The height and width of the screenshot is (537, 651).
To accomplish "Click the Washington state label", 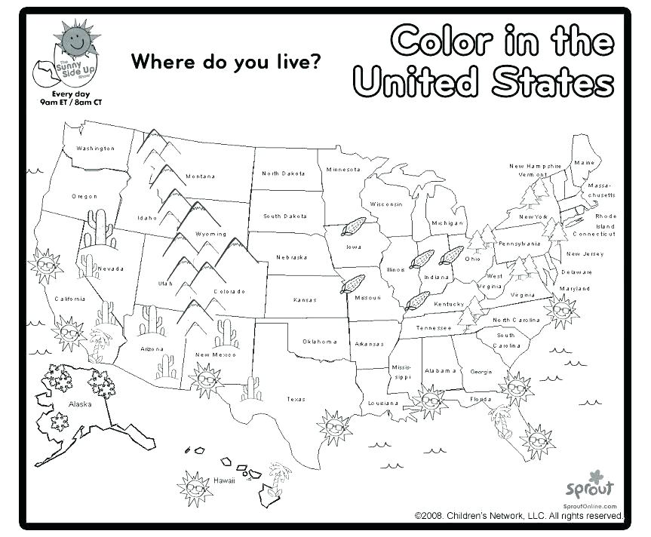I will [x=96, y=149].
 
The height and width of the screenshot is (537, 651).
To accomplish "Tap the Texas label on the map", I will [x=296, y=399].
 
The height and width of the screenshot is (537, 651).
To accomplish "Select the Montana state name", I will [x=201, y=176].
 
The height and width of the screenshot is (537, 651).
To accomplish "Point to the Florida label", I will [x=481, y=399].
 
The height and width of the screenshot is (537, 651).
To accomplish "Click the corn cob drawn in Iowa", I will [x=352, y=227].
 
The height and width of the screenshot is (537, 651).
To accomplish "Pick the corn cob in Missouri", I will [x=352, y=284].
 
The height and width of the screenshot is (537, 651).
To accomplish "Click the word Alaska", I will [x=80, y=404].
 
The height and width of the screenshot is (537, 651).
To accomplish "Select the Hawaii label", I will [x=224, y=480].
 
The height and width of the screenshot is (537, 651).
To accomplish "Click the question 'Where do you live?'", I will [x=223, y=62].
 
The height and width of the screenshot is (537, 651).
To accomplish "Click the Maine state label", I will [x=584, y=163].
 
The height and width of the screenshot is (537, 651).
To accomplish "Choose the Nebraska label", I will [x=291, y=257].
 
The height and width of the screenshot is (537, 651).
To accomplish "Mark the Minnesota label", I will [x=344, y=169].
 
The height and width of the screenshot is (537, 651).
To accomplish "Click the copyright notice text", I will [x=519, y=516].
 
